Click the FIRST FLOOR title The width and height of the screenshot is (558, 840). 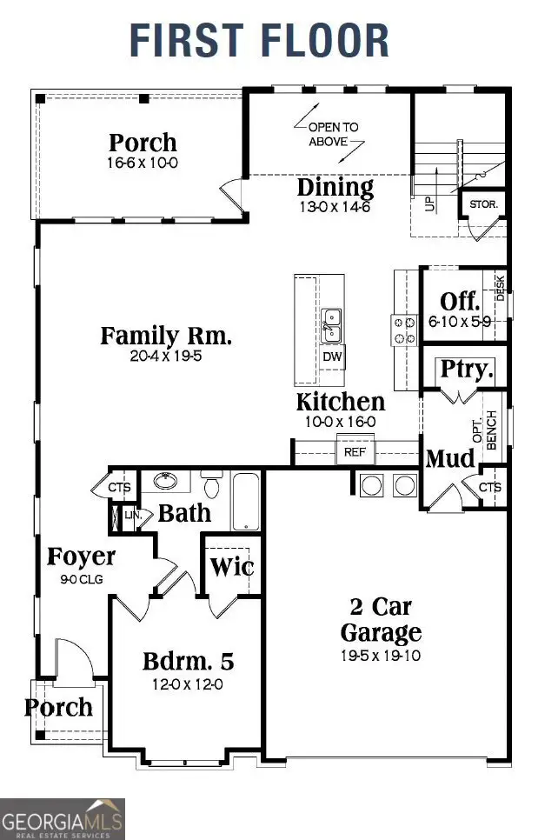point(259,41)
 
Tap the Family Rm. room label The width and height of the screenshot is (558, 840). point(165,336)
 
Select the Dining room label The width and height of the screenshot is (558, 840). point(335,187)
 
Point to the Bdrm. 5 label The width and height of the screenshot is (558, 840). point(189,661)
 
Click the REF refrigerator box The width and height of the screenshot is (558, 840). point(354,451)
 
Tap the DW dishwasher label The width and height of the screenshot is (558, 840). point(331,357)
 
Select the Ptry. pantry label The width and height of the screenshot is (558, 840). point(467,369)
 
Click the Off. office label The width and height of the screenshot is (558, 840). point(460,302)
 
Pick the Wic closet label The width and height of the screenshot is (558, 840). point(233,567)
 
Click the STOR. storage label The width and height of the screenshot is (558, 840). point(483,205)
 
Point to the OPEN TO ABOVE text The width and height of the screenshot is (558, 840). point(333,134)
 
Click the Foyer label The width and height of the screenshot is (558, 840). point(81,557)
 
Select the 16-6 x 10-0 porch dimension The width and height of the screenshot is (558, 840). point(143,163)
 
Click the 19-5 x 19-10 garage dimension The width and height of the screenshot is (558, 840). point(381,655)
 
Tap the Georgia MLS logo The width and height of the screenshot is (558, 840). point(63,818)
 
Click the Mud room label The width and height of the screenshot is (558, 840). point(450,458)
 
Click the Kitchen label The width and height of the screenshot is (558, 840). point(341,402)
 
